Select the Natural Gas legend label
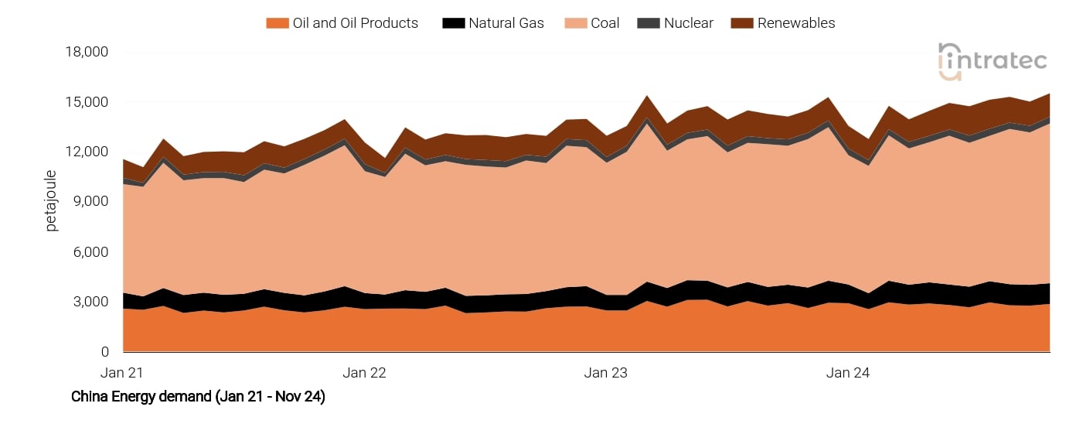[x=506, y=23]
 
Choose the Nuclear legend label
[x=688, y=23]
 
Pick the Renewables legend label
[x=796, y=23]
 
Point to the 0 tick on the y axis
[x=104, y=352]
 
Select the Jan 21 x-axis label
[x=123, y=373]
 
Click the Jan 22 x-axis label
[x=365, y=373]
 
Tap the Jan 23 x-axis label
[x=606, y=373]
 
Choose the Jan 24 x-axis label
[x=848, y=373]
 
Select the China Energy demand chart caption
[x=198, y=397]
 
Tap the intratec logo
[x=992, y=61]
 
